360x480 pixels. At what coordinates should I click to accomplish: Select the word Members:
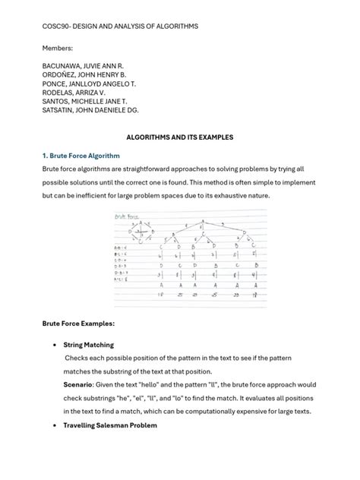coord(58,47)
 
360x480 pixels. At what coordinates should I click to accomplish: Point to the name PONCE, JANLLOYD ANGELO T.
coord(90,89)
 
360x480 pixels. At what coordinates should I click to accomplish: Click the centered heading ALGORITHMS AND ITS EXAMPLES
coord(179,137)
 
